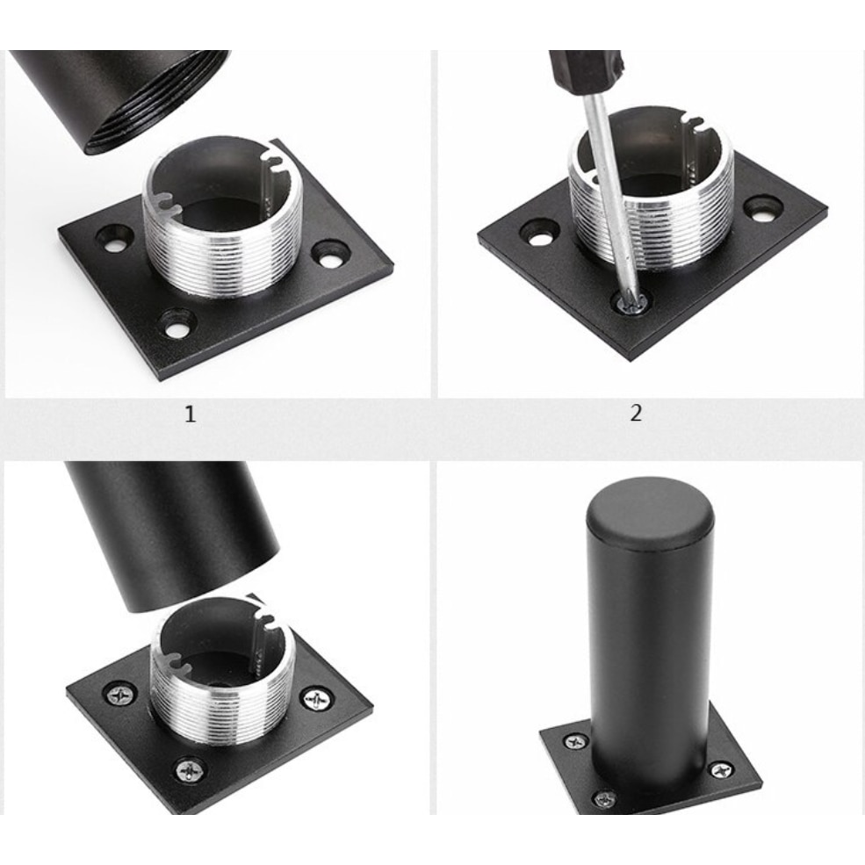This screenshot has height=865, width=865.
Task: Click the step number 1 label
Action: [190, 414]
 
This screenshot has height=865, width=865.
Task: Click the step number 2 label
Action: [636, 413]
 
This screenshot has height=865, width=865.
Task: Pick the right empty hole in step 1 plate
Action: [330, 255]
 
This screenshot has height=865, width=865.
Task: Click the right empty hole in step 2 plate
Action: [762, 208]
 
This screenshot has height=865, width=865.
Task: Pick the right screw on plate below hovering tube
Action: [316, 699]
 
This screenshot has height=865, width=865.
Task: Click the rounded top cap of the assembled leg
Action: [650, 509]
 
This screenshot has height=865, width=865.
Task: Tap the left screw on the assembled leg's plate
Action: [575, 741]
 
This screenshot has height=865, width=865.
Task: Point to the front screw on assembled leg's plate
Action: [604, 798]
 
